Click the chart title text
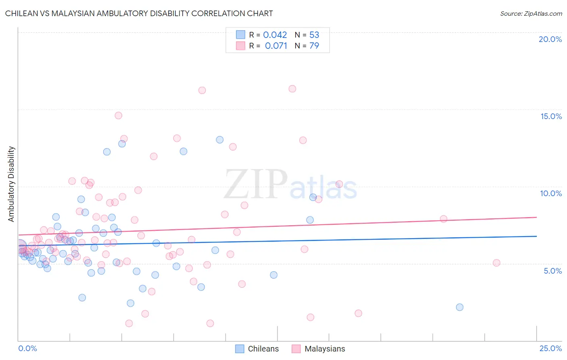(139, 13)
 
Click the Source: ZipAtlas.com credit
(531, 13)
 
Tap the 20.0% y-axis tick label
(550, 39)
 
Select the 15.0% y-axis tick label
(551, 116)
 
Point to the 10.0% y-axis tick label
(551, 193)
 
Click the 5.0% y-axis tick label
(552, 271)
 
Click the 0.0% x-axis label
(27, 348)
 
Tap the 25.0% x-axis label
(550, 348)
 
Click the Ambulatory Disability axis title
(11, 184)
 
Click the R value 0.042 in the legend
(275, 35)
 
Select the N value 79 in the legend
(314, 46)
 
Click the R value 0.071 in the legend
(276, 46)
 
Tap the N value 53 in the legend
(314, 35)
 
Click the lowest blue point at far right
(459, 307)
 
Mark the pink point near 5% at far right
(496, 263)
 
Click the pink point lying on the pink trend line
(443, 219)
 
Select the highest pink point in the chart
(292, 89)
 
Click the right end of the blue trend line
(536, 236)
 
